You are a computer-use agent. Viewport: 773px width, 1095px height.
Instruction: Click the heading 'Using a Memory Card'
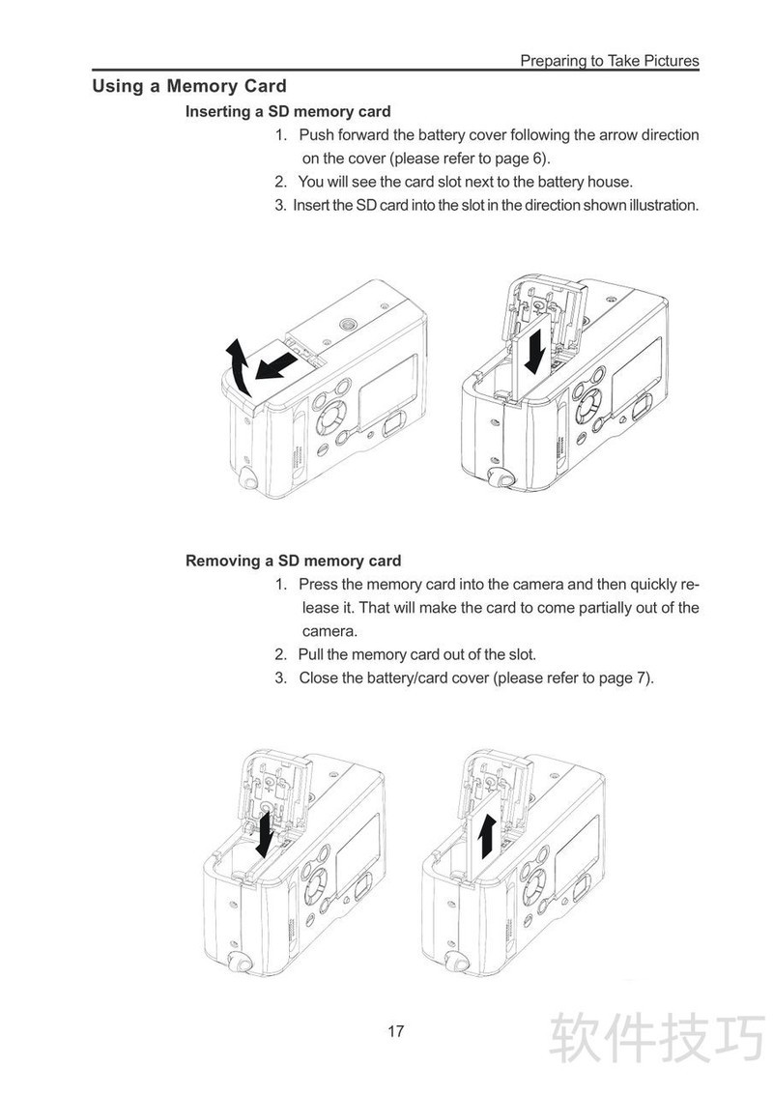189,86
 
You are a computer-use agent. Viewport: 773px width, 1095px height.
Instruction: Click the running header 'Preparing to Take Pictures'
610,61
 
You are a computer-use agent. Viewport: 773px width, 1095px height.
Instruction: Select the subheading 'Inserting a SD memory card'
288,112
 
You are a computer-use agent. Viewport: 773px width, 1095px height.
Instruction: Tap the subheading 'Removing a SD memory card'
294,561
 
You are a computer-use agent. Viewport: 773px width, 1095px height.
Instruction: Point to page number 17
396,1031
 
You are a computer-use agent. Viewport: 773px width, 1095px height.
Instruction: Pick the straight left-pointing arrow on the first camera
275,365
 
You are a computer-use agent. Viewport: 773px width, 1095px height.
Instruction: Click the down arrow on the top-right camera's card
535,351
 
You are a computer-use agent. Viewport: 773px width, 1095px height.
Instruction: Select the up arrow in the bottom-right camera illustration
488,836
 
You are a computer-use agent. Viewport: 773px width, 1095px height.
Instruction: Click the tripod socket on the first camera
347,324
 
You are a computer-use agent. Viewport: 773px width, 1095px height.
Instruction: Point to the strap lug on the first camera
246,479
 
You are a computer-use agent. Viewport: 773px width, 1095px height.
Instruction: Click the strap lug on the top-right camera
499,477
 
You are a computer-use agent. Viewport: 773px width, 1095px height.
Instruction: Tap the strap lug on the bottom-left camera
241,963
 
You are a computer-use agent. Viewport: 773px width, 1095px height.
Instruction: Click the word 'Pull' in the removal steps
310,654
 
